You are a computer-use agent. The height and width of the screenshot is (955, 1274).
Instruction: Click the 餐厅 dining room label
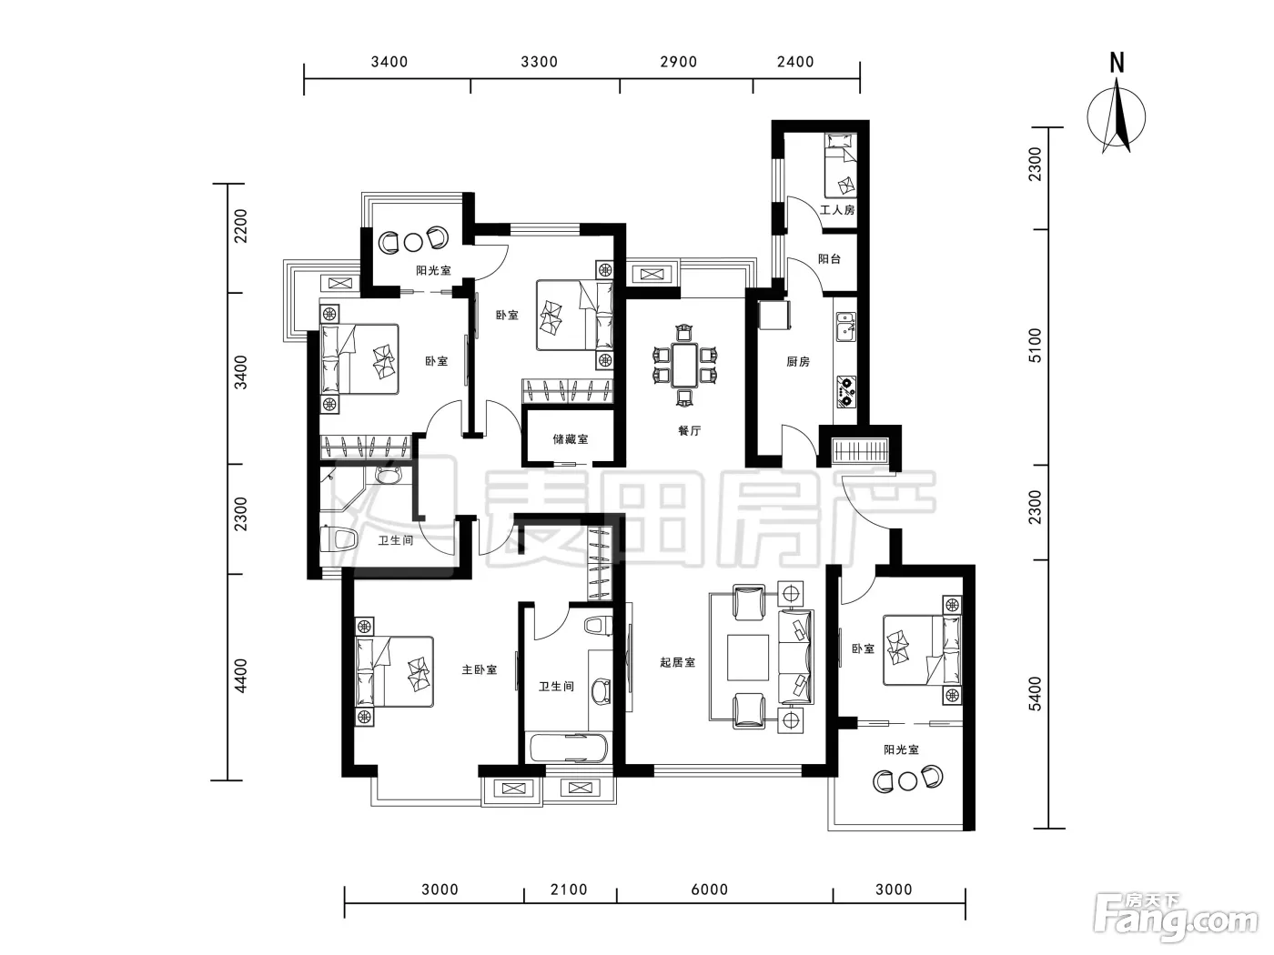689,431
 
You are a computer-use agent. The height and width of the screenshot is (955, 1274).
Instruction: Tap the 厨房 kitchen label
797,362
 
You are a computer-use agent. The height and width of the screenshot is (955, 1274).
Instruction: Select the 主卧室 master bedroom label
480,669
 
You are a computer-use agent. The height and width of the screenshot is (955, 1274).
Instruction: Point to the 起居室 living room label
677,662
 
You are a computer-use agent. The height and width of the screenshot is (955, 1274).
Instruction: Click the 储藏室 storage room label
570,439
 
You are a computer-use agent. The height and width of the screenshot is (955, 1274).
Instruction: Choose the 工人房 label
837,209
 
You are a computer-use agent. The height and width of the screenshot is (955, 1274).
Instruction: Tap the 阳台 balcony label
829,259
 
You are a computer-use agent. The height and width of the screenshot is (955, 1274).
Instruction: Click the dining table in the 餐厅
685,366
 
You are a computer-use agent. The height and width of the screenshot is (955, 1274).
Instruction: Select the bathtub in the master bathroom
567,748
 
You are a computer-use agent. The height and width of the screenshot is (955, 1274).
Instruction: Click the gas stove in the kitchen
846,391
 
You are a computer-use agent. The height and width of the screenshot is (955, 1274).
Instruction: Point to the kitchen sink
845,327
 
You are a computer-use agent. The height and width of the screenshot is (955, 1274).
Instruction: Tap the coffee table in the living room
748,658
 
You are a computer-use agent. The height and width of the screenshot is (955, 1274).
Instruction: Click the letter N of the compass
1117,63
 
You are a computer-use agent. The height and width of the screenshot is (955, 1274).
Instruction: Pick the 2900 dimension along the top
679,62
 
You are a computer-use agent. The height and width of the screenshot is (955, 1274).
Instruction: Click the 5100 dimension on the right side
1035,346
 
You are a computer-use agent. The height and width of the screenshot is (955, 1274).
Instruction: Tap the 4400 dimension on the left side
240,676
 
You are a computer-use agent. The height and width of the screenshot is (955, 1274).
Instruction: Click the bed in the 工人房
841,166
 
